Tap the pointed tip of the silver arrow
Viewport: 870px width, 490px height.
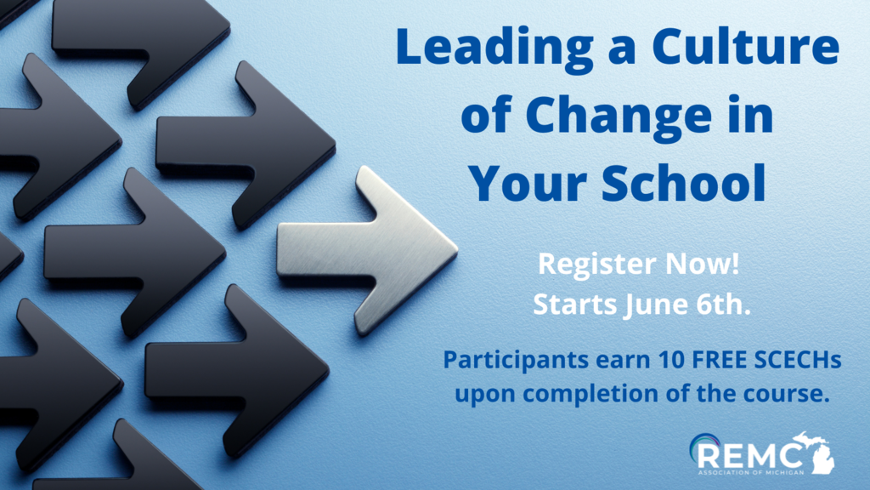pyautogui.click(x=458, y=252)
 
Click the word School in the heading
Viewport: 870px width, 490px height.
pyautogui.click(x=684, y=181)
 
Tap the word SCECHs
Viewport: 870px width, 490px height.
pyautogui.click(x=798, y=360)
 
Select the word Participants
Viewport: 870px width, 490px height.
pyautogui.click(x=516, y=361)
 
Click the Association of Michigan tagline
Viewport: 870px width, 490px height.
pyautogui.click(x=751, y=473)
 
